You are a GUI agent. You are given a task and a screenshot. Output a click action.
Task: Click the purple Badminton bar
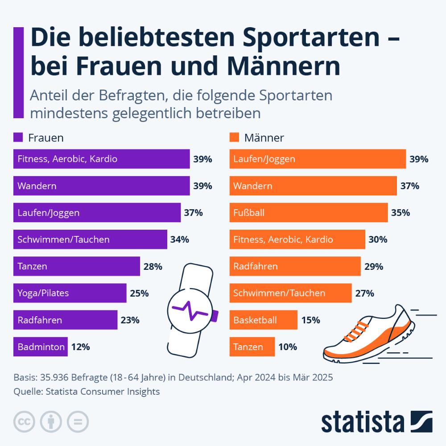(x=41, y=347)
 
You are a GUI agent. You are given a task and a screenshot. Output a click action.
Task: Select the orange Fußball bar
(x=308, y=213)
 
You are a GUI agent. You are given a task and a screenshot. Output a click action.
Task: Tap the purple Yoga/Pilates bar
(x=70, y=293)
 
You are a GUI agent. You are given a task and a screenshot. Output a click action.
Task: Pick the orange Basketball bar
(x=263, y=320)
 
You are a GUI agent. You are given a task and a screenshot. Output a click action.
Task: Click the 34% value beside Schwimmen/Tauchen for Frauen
(x=180, y=240)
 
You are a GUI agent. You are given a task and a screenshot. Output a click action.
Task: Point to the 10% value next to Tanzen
(x=288, y=347)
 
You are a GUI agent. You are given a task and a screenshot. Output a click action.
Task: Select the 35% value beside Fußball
(x=400, y=213)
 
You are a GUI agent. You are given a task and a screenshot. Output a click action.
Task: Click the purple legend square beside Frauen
(x=18, y=137)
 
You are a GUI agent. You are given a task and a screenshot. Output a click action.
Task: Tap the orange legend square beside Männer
(x=234, y=137)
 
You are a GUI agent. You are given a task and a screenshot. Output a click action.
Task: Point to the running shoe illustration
(x=370, y=334)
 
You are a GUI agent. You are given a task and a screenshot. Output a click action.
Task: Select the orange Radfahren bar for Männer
(x=295, y=266)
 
